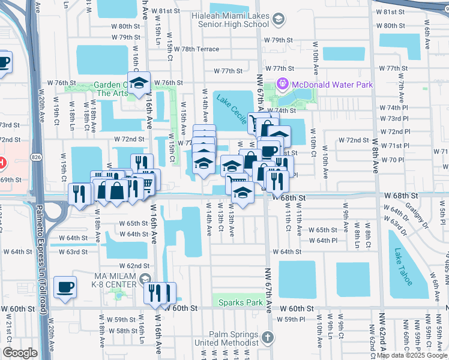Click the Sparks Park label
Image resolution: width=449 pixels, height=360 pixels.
[x=240, y=303]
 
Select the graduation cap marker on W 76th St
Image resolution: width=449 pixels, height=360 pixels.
[x=139, y=83]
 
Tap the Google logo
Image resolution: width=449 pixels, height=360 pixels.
[x=19, y=353]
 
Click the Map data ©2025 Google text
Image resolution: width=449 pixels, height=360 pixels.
[x=411, y=355]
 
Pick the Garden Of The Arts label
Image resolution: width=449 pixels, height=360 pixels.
[x=112, y=89]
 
